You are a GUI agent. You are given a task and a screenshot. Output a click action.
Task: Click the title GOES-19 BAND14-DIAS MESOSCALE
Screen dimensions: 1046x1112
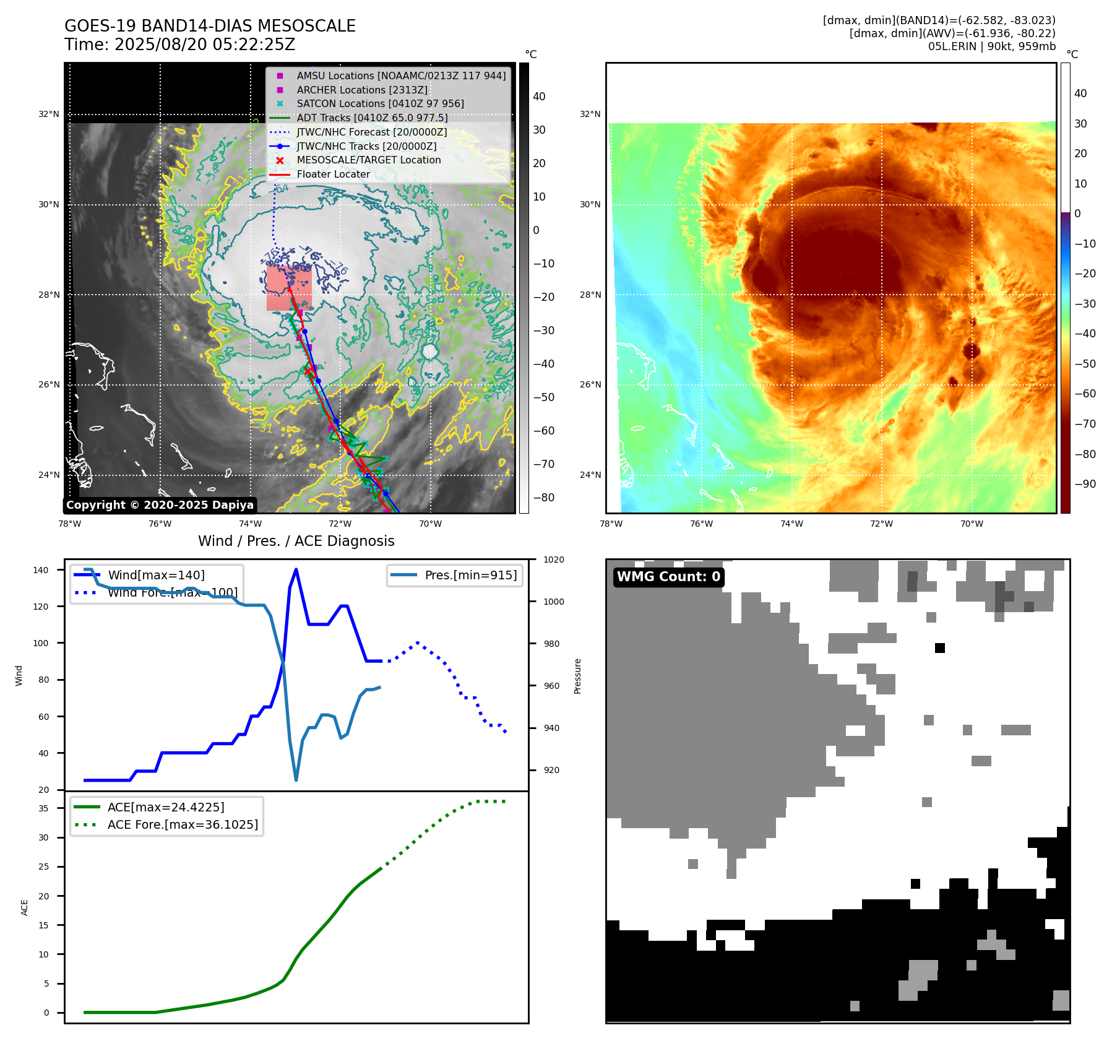tap(210, 26)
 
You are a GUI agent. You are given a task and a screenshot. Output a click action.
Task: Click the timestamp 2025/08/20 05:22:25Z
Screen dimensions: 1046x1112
tap(204, 45)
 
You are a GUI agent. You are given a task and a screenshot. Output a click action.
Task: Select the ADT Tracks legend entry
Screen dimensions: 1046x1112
tap(372, 118)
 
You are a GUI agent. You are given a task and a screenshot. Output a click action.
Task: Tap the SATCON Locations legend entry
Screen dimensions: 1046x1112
tap(380, 103)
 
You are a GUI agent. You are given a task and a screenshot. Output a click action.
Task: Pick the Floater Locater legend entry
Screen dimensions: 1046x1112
tap(333, 174)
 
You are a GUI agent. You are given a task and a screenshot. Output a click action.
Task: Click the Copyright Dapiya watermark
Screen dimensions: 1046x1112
tap(160, 505)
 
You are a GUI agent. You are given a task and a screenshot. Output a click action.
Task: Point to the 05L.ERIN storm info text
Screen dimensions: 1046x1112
tap(991, 46)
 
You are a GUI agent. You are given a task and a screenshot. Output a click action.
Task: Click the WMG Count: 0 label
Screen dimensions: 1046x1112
tap(668, 577)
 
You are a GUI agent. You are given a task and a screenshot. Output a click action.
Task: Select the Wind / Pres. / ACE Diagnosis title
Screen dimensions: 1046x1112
tap(296, 541)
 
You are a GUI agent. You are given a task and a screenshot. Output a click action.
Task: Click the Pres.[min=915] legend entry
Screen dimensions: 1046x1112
tap(470, 575)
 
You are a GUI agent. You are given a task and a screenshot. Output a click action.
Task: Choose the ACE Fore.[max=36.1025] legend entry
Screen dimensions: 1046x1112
tap(183, 824)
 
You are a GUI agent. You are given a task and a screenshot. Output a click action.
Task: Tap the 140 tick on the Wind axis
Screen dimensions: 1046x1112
tap(41, 570)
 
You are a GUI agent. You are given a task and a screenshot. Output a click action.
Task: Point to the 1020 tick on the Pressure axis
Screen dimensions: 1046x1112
tap(554, 560)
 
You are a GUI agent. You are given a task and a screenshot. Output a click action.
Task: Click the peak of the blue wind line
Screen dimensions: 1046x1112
tap(296, 569)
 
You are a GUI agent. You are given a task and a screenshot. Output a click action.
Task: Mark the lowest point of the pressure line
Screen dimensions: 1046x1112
tap(296, 780)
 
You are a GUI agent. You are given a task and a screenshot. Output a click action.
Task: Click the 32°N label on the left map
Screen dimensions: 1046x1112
tap(49, 115)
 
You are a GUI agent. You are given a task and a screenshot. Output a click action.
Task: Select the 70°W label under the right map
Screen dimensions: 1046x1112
tap(972, 524)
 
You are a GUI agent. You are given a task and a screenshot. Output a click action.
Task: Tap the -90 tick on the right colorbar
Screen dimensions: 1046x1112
tap(1085, 484)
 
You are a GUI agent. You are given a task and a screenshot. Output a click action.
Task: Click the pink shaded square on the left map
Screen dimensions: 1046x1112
tap(289, 288)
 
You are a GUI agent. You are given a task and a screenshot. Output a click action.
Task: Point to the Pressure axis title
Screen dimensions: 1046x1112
tap(577, 676)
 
